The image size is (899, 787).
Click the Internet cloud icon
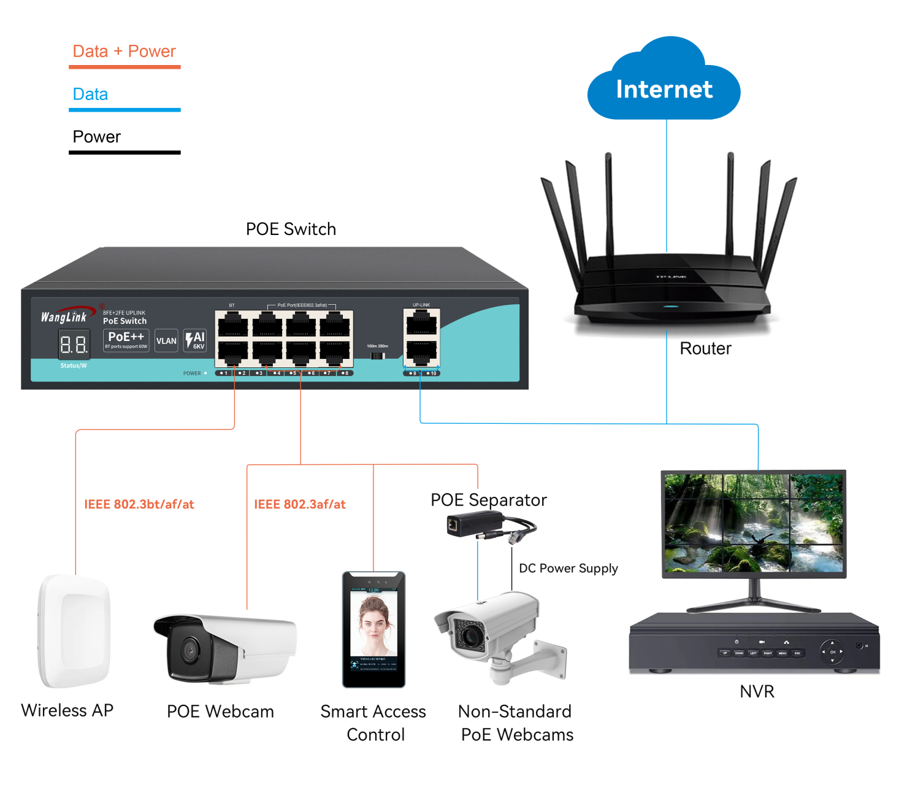(664, 86)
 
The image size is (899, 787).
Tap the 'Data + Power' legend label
(124, 51)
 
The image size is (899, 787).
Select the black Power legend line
(124, 152)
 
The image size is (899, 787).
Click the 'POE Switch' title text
(291, 229)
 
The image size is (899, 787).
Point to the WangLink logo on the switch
(65, 316)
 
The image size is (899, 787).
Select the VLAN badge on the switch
(166, 341)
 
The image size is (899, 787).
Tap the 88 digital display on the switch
(74, 344)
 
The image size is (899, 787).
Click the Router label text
(705, 348)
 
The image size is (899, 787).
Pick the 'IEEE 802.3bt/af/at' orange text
(139, 504)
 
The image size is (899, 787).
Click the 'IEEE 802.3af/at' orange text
(299, 504)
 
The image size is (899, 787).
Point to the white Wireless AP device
(75, 631)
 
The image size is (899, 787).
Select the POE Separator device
(475, 525)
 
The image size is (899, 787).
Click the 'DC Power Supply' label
(568, 568)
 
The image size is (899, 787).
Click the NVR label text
(757, 691)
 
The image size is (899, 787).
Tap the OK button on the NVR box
(832, 651)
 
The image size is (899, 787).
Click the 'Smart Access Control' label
(373, 723)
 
